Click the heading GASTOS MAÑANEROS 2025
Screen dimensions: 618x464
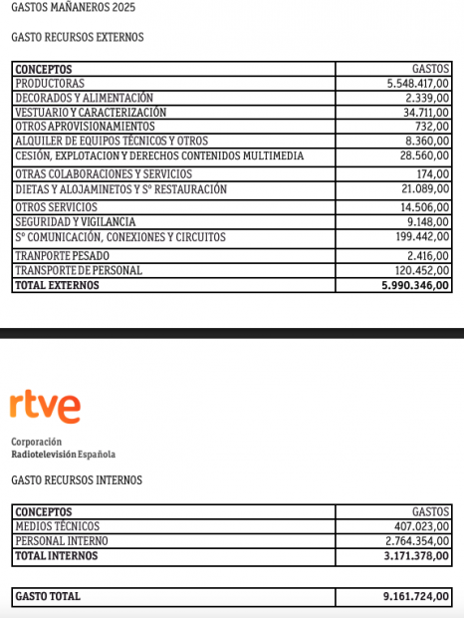pyautogui.click(x=73, y=8)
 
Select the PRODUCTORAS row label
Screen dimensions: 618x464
pyautogui.click(x=50, y=84)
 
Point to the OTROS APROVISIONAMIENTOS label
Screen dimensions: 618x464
pyautogui.click(x=85, y=127)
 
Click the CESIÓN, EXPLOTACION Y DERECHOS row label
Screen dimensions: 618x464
pyautogui.click(x=159, y=156)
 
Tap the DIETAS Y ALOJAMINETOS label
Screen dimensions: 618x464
pyautogui.click(x=121, y=189)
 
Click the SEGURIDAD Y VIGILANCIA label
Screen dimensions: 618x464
pyautogui.click(x=76, y=221)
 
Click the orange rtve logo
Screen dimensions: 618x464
pyautogui.click(x=46, y=406)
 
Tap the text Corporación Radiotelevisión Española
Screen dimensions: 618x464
pyautogui.click(x=63, y=448)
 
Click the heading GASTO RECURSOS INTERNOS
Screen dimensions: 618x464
pyautogui.click(x=77, y=480)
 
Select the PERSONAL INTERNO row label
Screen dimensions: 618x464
pyautogui.click(x=62, y=541)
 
